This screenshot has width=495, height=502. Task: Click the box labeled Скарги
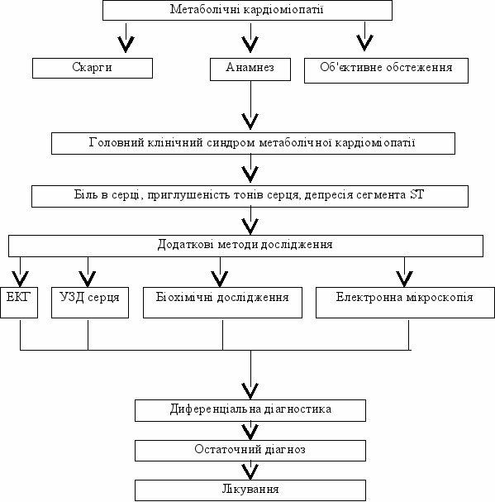(x=93, y=68)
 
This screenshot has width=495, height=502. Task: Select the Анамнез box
(x=250, y=69)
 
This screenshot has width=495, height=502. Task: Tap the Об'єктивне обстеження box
(x=386, y=70)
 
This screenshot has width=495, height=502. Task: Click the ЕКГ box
(x=19, y=303)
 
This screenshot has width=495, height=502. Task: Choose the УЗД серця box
(x=90, y=303)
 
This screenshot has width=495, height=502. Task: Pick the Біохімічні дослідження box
(x=222, y=303)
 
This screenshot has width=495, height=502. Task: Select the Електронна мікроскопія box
(x=405, y=303)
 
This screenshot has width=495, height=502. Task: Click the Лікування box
(x=250, y=490)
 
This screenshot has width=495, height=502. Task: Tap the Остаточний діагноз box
(x=250, y=451)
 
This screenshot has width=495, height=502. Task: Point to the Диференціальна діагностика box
(x=250, y=410)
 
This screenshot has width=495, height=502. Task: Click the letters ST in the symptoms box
(x=416, y=194)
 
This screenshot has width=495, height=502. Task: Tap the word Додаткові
(x=186, y=245)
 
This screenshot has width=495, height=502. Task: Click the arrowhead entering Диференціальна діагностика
(x=250, y=391)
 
